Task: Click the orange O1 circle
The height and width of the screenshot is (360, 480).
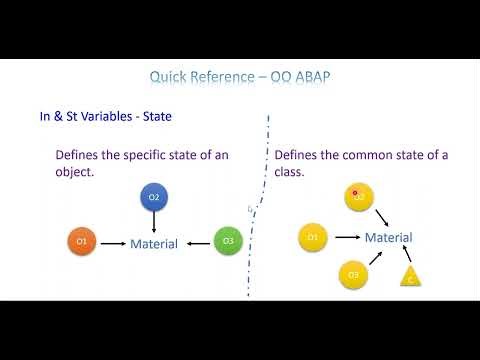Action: click(x=82, y=242)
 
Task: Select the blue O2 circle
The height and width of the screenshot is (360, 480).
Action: click(x=154, y=198)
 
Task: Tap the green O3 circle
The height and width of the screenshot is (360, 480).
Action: click(x=228, y=242)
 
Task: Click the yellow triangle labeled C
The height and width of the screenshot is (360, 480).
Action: click(x=411, y=279)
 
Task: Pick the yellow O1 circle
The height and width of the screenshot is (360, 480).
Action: click(x=313, y=237)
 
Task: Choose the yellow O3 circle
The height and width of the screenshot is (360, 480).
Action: click(x=352, y=273)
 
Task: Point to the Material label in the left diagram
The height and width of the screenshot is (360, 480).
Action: click(x=154, y=243)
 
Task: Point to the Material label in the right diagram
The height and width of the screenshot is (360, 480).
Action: click(x=388, y=237)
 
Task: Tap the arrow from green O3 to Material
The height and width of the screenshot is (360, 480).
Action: click(x=197, y=243)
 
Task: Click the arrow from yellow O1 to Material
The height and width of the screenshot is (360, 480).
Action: click(x=345, y=237)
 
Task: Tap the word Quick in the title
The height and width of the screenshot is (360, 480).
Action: click(x=169, y=76)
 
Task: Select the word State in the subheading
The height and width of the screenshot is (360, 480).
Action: click(x=155, y=117)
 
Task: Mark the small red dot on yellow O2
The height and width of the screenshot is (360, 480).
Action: click(x=355, y=194)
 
